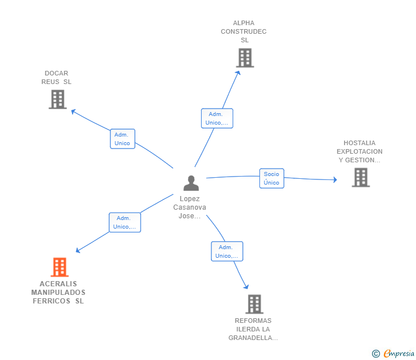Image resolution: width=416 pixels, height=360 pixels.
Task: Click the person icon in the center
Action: [191, 183]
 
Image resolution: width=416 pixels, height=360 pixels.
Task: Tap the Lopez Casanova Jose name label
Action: [190, 207]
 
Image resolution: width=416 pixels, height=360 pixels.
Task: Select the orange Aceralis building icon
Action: [59, 267]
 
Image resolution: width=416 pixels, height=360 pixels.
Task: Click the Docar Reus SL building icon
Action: [57, 99]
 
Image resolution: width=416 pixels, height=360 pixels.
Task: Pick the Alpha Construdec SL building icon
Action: [245, 58]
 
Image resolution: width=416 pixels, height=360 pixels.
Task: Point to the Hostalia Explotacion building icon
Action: [360, 178]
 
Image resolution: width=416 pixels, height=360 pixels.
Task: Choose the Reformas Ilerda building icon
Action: [254, 304]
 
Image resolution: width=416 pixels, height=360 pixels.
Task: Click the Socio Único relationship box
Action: [271, 178]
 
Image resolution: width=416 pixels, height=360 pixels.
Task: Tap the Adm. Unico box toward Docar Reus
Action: [122, 139]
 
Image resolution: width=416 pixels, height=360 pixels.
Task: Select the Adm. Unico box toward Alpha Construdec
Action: [217, 118]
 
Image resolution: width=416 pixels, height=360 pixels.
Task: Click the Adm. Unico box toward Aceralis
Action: [124, 222]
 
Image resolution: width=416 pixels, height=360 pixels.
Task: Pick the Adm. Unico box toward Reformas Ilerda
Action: [227, 251]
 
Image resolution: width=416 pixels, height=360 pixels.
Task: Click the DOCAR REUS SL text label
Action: [57, 78]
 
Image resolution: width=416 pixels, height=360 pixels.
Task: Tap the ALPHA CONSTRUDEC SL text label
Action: [243, 31]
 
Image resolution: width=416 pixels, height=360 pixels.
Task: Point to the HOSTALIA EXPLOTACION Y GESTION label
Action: [359, 151]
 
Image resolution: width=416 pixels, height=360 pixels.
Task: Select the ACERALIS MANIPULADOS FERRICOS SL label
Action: [58, 293]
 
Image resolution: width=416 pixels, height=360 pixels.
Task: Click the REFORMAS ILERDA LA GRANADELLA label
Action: [253, 329]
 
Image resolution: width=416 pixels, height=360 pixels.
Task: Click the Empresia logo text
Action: [399, 354]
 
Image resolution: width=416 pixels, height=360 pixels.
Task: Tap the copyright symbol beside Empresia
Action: [376, 354]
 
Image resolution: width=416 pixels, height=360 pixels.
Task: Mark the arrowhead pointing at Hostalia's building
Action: [335, 180]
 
